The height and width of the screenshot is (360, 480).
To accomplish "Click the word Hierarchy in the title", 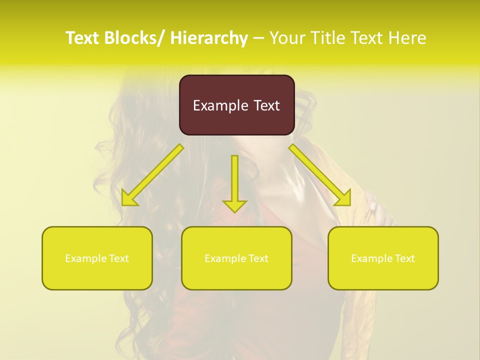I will pos(208,38).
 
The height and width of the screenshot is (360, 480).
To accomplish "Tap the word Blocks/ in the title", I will pos(132,38).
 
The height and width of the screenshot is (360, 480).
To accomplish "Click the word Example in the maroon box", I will pos(220,105).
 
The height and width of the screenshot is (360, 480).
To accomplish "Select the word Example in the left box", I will pos(86,258).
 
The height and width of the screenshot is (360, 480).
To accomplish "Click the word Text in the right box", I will pos(404,258).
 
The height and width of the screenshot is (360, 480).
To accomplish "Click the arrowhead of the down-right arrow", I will pos(343,198).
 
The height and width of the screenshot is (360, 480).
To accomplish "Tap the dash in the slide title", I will pos(258,38).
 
